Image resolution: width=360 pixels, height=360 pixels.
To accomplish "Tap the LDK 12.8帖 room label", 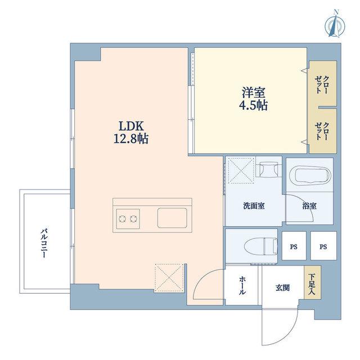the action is [x=131, y=133].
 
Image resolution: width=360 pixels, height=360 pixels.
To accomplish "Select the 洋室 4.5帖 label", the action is [x=254, y=99].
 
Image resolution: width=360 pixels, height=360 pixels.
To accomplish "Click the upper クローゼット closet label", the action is [x=322, y=85].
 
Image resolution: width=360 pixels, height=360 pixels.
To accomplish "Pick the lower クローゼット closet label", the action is [x=322, y=131].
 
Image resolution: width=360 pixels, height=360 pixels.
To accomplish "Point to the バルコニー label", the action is [x=44, y=243].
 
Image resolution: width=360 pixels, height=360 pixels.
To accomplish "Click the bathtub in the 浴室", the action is [x=310, y=175].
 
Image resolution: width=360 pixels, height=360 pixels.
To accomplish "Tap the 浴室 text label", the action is [x=309, y=206].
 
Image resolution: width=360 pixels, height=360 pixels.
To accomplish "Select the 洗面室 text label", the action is [x=254, y=206].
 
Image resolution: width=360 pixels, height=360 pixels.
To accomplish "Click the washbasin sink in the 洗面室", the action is [x=269, y=170].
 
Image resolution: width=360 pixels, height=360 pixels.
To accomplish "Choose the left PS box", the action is [x=294, y=246].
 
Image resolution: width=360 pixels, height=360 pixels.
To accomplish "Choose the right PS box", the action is [x=323, y=246].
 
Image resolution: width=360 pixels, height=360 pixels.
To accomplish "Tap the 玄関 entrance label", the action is [x=282, y=287].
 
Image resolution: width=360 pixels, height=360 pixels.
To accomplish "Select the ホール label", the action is [x=242, y=285].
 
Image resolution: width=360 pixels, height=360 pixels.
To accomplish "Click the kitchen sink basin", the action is [x=172, y=218].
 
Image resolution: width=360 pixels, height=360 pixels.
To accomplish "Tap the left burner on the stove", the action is [x=123, y=219].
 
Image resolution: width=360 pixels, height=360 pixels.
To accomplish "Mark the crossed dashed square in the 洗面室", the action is [x=241, y=170].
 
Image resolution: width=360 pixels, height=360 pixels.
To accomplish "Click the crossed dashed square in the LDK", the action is [x=169, y=278].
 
